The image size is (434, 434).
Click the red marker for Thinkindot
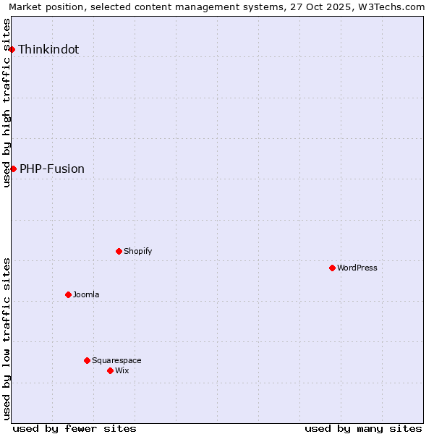click(x=12, y=49)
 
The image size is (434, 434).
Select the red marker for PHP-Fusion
click(x=13, y=169)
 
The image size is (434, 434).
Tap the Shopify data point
click(x=119, y=251)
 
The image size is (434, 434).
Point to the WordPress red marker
click(x=332, y=268)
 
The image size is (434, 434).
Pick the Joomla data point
click(x=68, y=294)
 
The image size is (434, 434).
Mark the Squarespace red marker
click(x=87, y=360)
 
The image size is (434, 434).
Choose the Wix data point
click(x=110, y=370)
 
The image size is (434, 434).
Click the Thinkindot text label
click(x=48, y=50)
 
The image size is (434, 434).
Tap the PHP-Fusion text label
click(x=52, y=169)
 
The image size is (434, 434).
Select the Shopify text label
click(x=137, y=252)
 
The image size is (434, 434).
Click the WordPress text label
click(x=357, y=268)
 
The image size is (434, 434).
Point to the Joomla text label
click(x=86, y=295)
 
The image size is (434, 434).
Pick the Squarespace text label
click(x=116, y=361)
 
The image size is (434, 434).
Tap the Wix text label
click(x=122, y=371)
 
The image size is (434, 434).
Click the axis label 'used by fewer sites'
click(x=75, y=428)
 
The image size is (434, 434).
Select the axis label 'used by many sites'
click(x=363, y=428)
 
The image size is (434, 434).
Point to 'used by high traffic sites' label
click(x=7, y=103)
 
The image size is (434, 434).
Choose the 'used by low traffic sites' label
click(x=7, y=338)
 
